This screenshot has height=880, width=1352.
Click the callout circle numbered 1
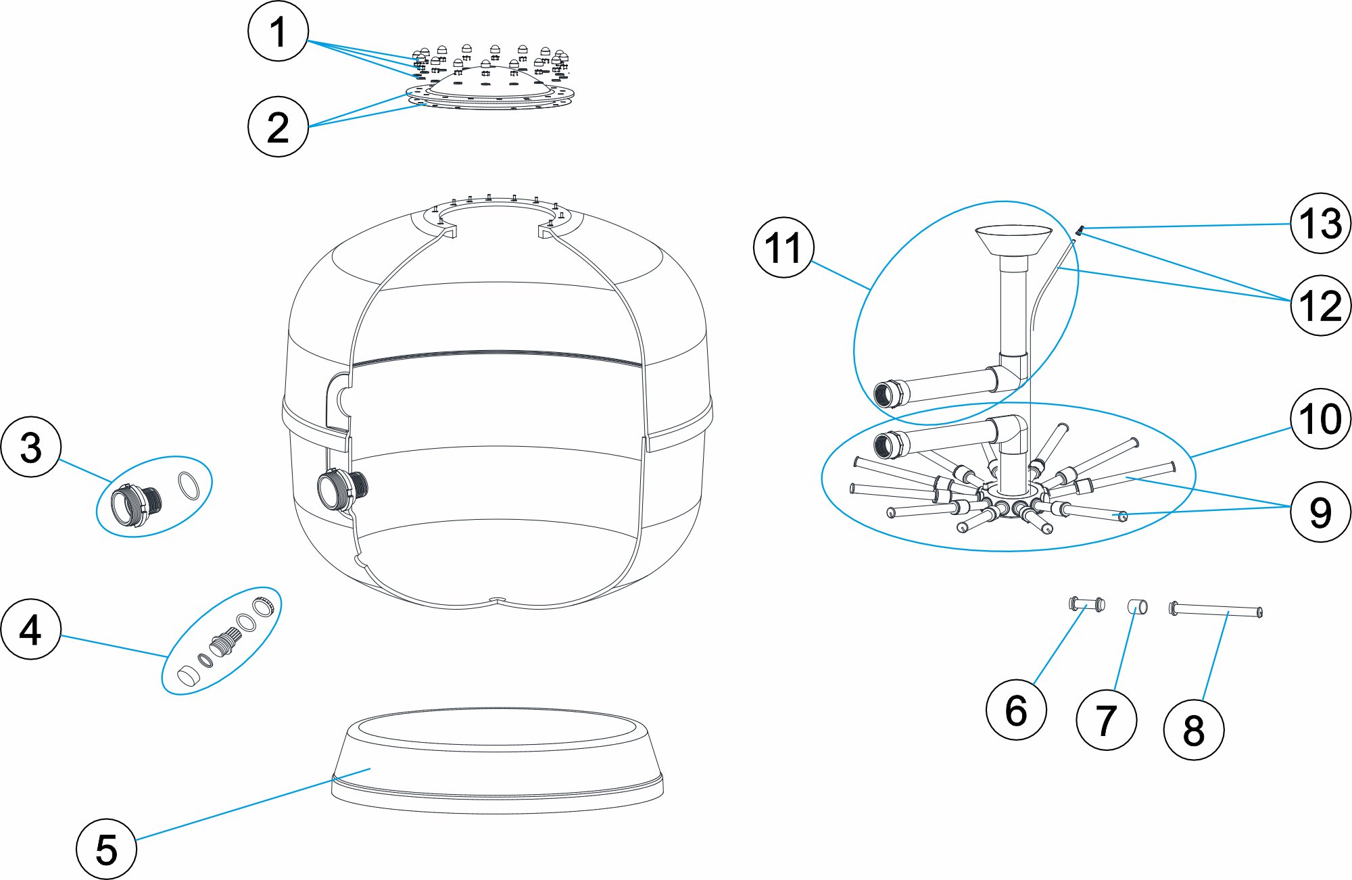pos(278,31)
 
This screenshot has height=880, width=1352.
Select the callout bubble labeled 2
pos(278,126)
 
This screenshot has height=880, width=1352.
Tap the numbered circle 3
pos(31,447)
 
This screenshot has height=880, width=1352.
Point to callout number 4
pos(31,629)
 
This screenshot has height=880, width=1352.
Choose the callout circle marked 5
pos(106,849)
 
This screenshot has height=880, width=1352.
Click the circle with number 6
pos(1016,710)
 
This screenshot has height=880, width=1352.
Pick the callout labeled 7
pos(1106,720)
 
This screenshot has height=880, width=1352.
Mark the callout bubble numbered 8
pos(1194,730)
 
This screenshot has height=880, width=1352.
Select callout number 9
pos(1320,512)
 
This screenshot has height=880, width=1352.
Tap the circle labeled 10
pos(1320,419)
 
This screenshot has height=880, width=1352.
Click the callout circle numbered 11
pos(783,247)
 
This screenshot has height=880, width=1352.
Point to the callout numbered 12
pos(1320,305)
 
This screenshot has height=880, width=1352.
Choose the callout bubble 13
pos(1320,223)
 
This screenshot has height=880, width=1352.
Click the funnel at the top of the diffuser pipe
pos(1013,240)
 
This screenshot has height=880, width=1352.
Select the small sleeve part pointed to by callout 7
pos(1138,606)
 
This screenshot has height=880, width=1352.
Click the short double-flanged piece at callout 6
pos(1086,603)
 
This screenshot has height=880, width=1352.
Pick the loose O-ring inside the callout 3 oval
pos(189,485)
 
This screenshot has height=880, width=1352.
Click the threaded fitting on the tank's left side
pos(342,488)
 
